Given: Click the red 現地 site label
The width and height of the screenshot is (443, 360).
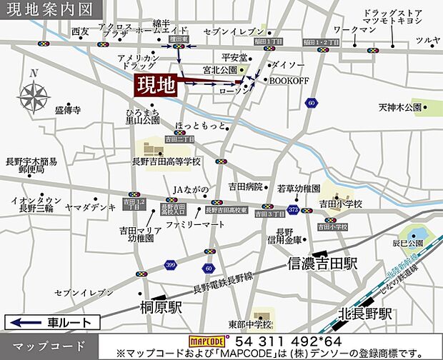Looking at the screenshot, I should tap(156, 86).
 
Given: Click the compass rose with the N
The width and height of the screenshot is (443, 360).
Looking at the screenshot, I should tap(33, 94).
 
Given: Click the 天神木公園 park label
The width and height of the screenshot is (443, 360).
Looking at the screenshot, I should tap(401, 107).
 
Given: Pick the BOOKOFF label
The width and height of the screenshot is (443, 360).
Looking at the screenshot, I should tap(289, 81).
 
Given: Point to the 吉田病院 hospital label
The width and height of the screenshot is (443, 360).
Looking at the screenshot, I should tap(245, 186).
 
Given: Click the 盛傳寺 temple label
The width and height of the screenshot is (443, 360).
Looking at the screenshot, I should tap(68, 111).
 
